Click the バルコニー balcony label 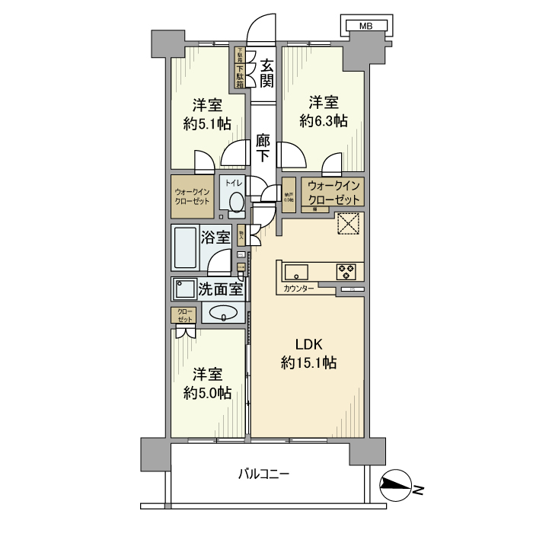pos(263,474)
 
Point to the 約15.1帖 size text pos(308,363)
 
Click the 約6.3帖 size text pos(323,120)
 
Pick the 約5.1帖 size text pos(207,124)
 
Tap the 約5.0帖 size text pos(207,394)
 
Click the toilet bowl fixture pos(235,202)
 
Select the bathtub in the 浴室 pos(186,246)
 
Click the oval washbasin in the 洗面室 pos(223,312)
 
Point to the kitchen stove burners pos(347,270)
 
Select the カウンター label pos(298,289)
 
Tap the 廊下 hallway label pos(263,148)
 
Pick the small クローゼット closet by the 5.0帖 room pos(184,314)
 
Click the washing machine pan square pos(184,289)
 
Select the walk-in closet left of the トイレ pos(192,198)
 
